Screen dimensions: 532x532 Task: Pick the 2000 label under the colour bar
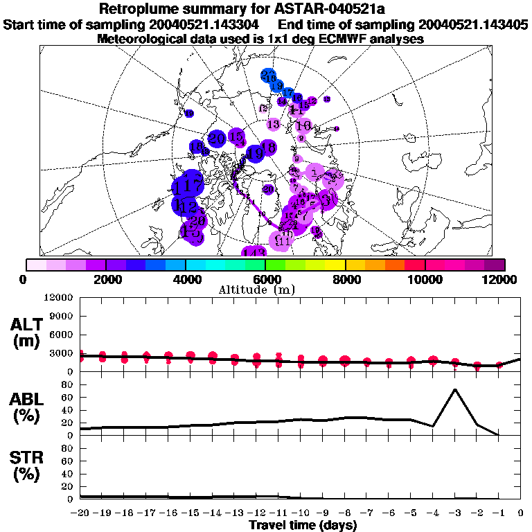105,279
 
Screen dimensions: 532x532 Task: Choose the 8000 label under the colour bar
345,279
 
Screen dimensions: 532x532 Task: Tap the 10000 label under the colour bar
425,279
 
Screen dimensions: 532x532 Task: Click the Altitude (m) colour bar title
265,290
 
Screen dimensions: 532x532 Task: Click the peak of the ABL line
454,389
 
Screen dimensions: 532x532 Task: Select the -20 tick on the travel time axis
80,513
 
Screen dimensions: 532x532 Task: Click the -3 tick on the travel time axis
454,513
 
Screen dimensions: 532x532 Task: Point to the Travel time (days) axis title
303,526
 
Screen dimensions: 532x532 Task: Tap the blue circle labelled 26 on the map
269,76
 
